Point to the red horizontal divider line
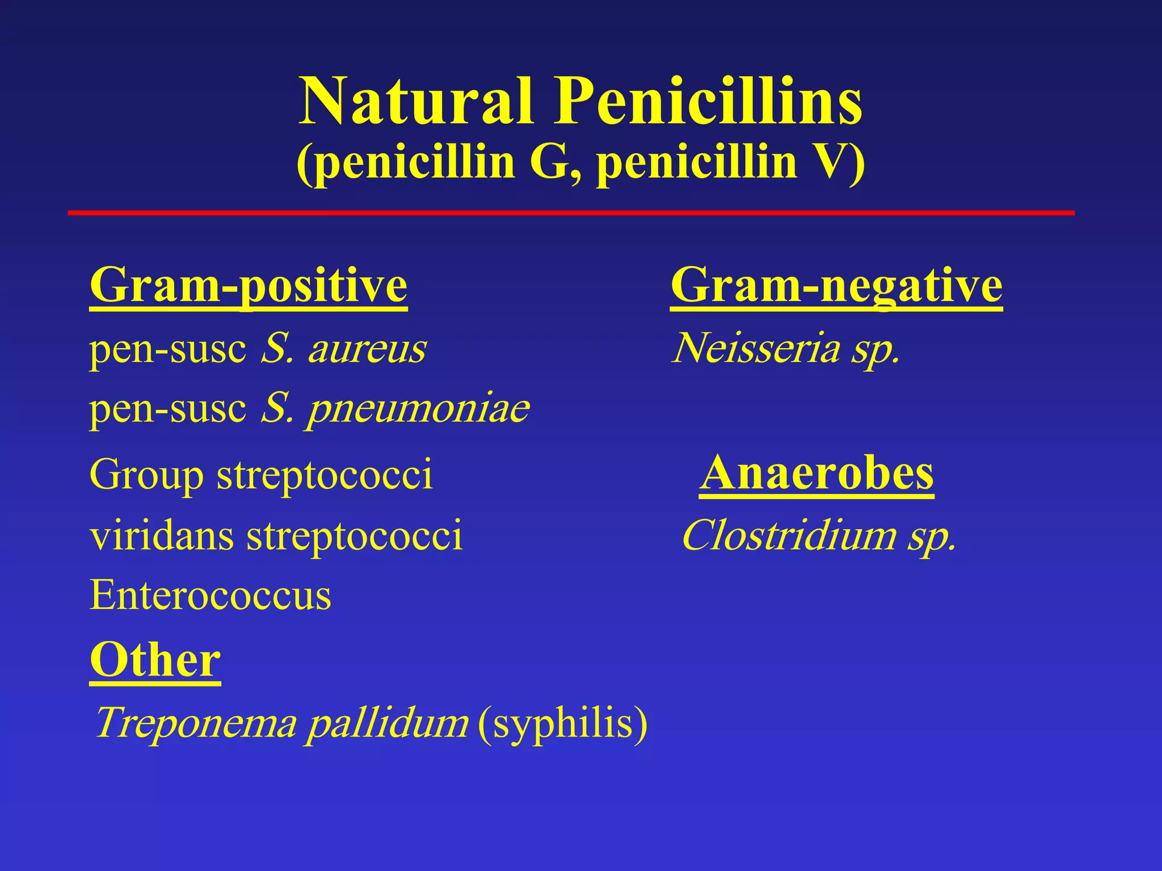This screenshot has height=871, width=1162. click(x=571, y=213)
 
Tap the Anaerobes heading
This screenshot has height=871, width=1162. click(x=816, y=473)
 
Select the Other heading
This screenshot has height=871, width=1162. click(x=155, y=660)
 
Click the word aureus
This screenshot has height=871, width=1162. click(x=367, y=348)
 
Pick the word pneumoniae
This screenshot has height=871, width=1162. click(x=419, y=408)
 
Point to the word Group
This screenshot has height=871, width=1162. click(x=146, y=475)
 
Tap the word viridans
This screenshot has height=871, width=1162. click(x=162, y=535)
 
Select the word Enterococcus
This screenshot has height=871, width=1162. click(x=210, y=595)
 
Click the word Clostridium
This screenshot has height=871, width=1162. click(x=787, y=535)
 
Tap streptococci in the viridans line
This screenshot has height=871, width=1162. click(x=355, y=535)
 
